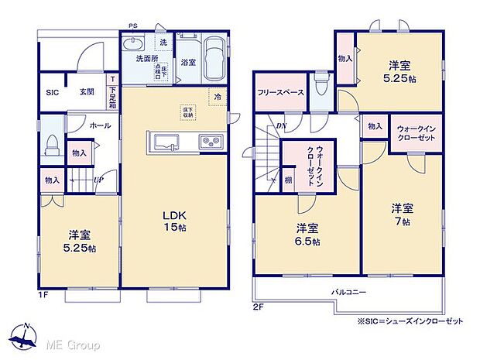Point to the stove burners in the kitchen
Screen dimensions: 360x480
click(211, 141)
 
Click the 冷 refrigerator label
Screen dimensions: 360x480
click(218, 98)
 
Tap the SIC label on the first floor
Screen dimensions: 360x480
click(51, 92)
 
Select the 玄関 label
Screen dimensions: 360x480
click(86, 92)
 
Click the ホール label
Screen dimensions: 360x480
click(99, 124)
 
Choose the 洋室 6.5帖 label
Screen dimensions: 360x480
click(307, 234)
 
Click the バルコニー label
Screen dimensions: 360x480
click(350, 292)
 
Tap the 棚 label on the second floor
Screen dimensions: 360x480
click(287, 180)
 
